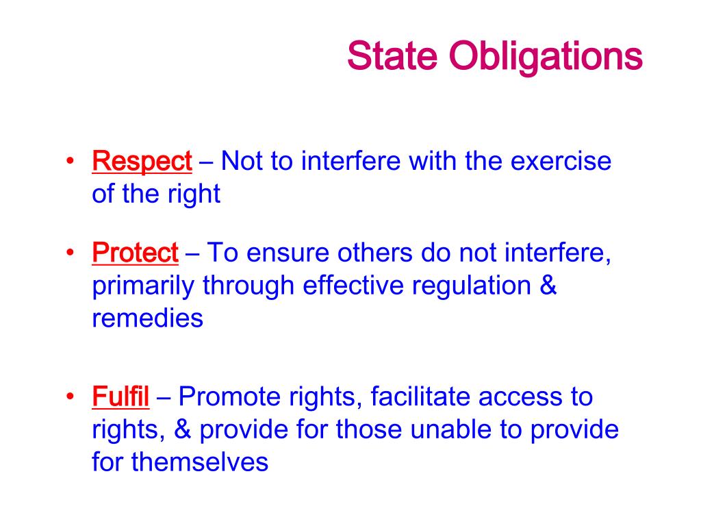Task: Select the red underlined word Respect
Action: (x=142, y=163)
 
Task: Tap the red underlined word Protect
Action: (x=135, y=254)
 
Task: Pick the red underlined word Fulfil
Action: (x=120, y=397)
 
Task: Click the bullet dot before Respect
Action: (x=71, y=163)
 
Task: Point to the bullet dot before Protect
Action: (x=71, y=254)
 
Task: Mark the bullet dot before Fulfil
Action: (x=71, y=397)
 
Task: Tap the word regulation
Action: (x=471, y=286)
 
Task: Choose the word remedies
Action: (x=147, y=318)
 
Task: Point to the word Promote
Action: (x=227, y=397)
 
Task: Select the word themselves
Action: (x=199, y=462)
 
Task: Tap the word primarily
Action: (x=143, y=286)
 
